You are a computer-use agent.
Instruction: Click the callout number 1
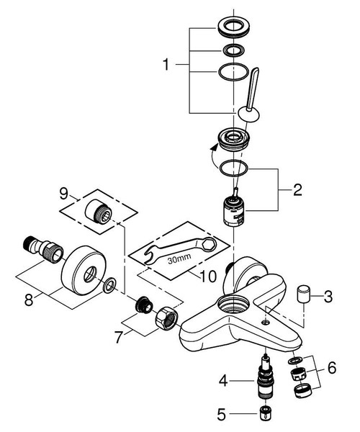[x=166, y=65]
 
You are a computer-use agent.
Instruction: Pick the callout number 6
[x=332, y=366]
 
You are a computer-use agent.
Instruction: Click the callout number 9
[x=64, y=193]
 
